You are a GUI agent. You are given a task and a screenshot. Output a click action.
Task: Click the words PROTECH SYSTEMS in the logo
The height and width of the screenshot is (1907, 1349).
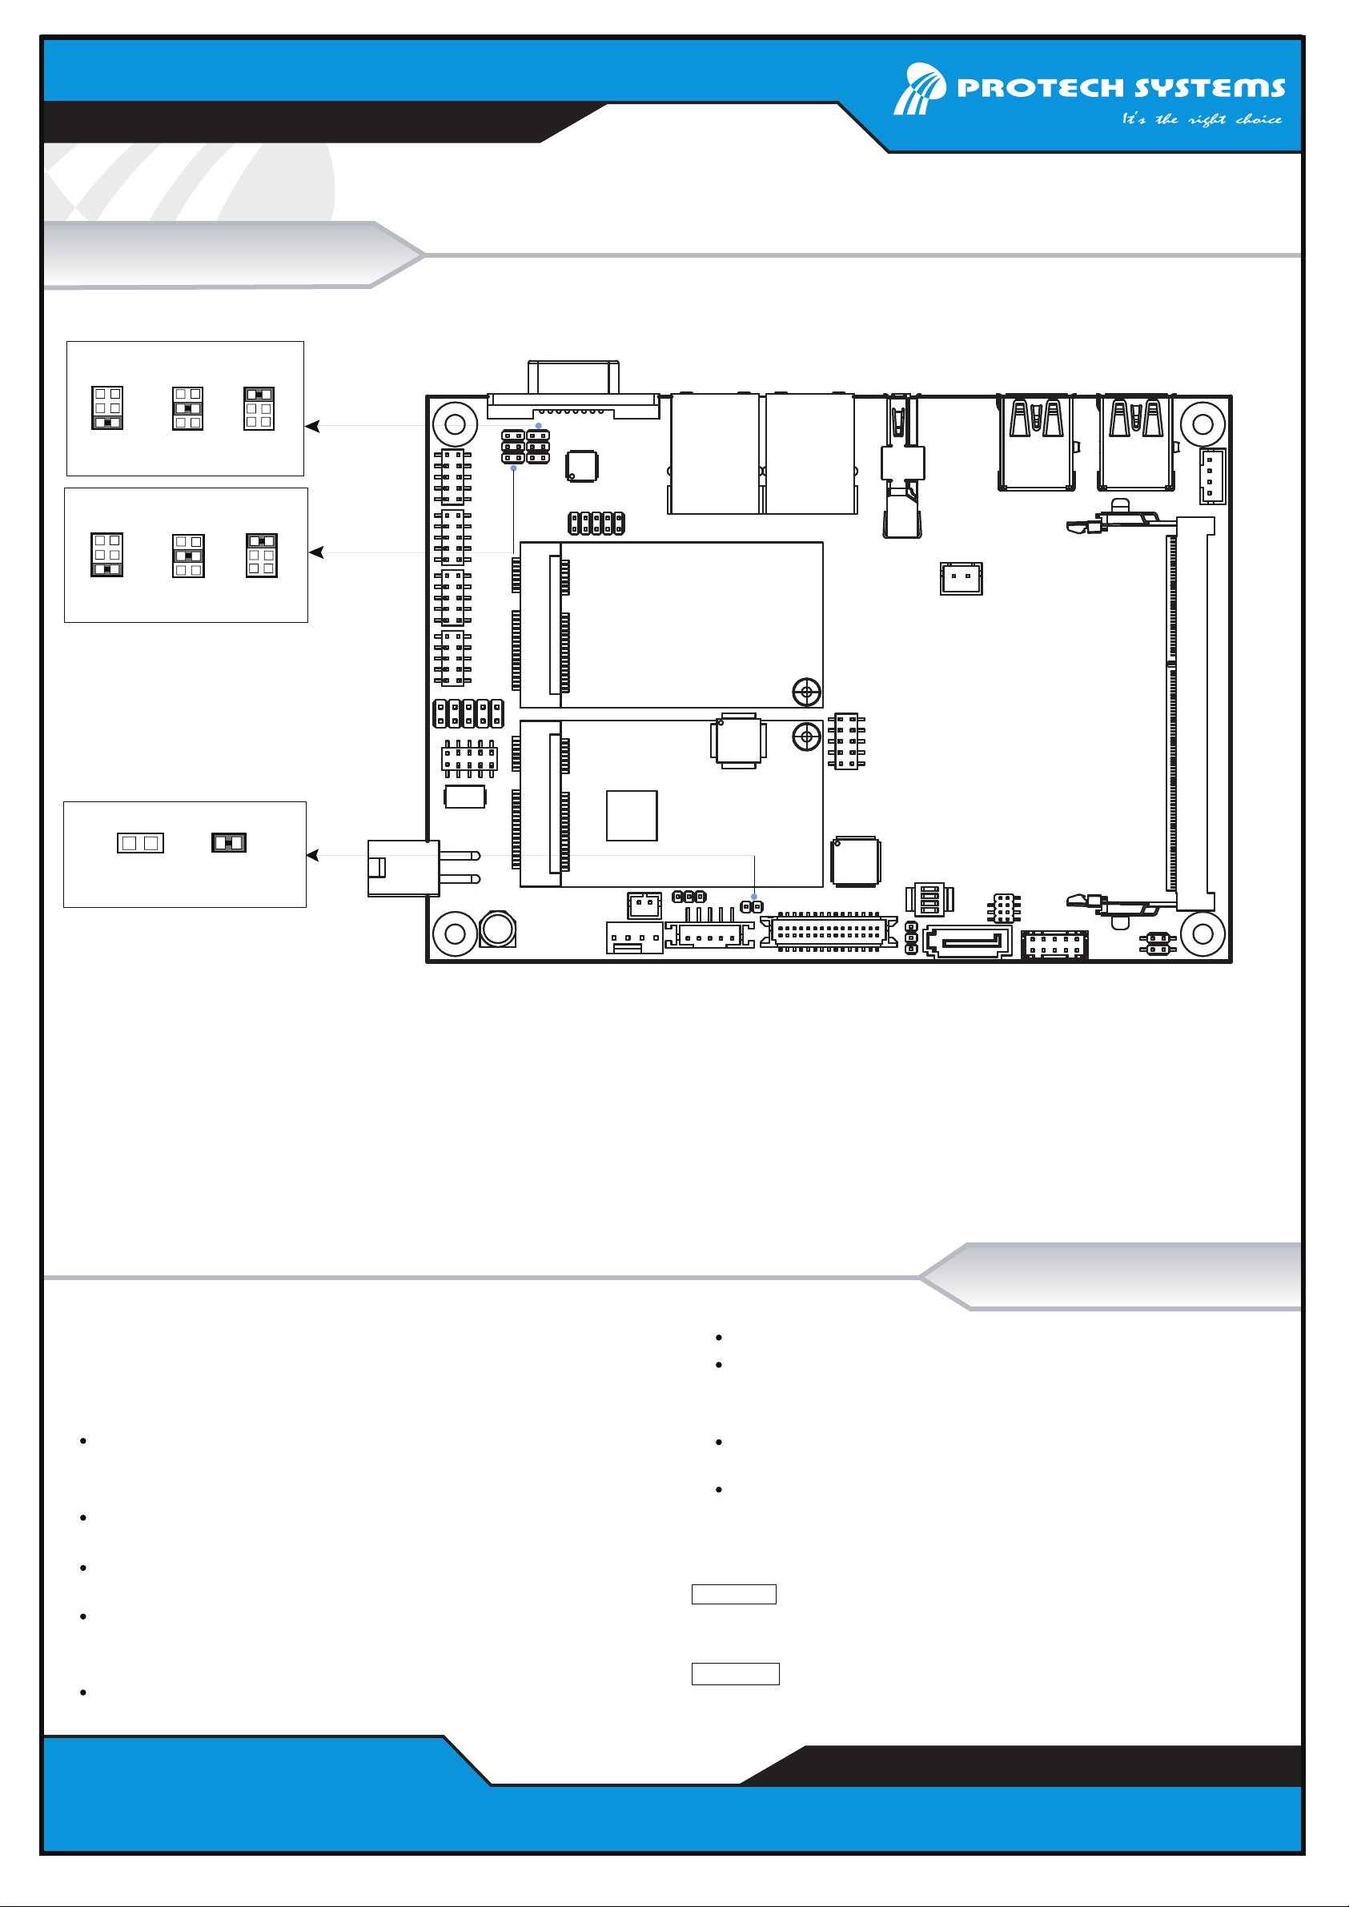point(1121,87)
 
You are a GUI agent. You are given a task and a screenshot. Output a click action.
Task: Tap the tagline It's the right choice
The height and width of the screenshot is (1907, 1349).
point(1201,119)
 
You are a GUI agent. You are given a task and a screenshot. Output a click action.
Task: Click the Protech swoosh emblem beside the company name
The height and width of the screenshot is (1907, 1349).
point(920,88)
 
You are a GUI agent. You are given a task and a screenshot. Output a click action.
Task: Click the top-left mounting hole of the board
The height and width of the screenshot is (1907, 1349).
point(456,424)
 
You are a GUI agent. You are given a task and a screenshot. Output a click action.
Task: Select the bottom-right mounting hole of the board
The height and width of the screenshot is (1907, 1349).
point(1202,933)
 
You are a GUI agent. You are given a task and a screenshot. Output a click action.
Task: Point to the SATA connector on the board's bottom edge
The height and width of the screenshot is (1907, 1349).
point(968,941)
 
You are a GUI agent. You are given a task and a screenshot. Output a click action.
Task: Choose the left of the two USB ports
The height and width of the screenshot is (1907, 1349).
point(1037,443)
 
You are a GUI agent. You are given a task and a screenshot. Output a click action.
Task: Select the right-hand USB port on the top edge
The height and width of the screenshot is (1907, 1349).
point(1135,443)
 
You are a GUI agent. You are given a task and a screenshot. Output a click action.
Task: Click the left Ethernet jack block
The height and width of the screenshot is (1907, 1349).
point(714,453)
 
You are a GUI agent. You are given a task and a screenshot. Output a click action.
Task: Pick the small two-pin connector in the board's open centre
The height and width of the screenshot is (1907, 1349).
point(961,578)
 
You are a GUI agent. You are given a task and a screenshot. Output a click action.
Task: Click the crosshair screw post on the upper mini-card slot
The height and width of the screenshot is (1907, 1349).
point(806,691)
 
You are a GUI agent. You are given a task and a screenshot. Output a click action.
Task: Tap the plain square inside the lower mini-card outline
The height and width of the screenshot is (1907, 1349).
point(632,816)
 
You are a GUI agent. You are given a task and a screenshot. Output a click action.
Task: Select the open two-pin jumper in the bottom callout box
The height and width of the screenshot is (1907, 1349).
point(140,843)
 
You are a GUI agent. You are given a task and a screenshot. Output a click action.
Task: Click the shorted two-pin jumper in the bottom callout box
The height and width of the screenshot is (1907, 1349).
point(229,843)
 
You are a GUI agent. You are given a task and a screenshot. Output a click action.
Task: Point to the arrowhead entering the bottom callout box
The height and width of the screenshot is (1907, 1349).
point(313,855)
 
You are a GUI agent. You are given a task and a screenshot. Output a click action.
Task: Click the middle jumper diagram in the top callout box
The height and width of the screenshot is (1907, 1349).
point(187,408)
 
